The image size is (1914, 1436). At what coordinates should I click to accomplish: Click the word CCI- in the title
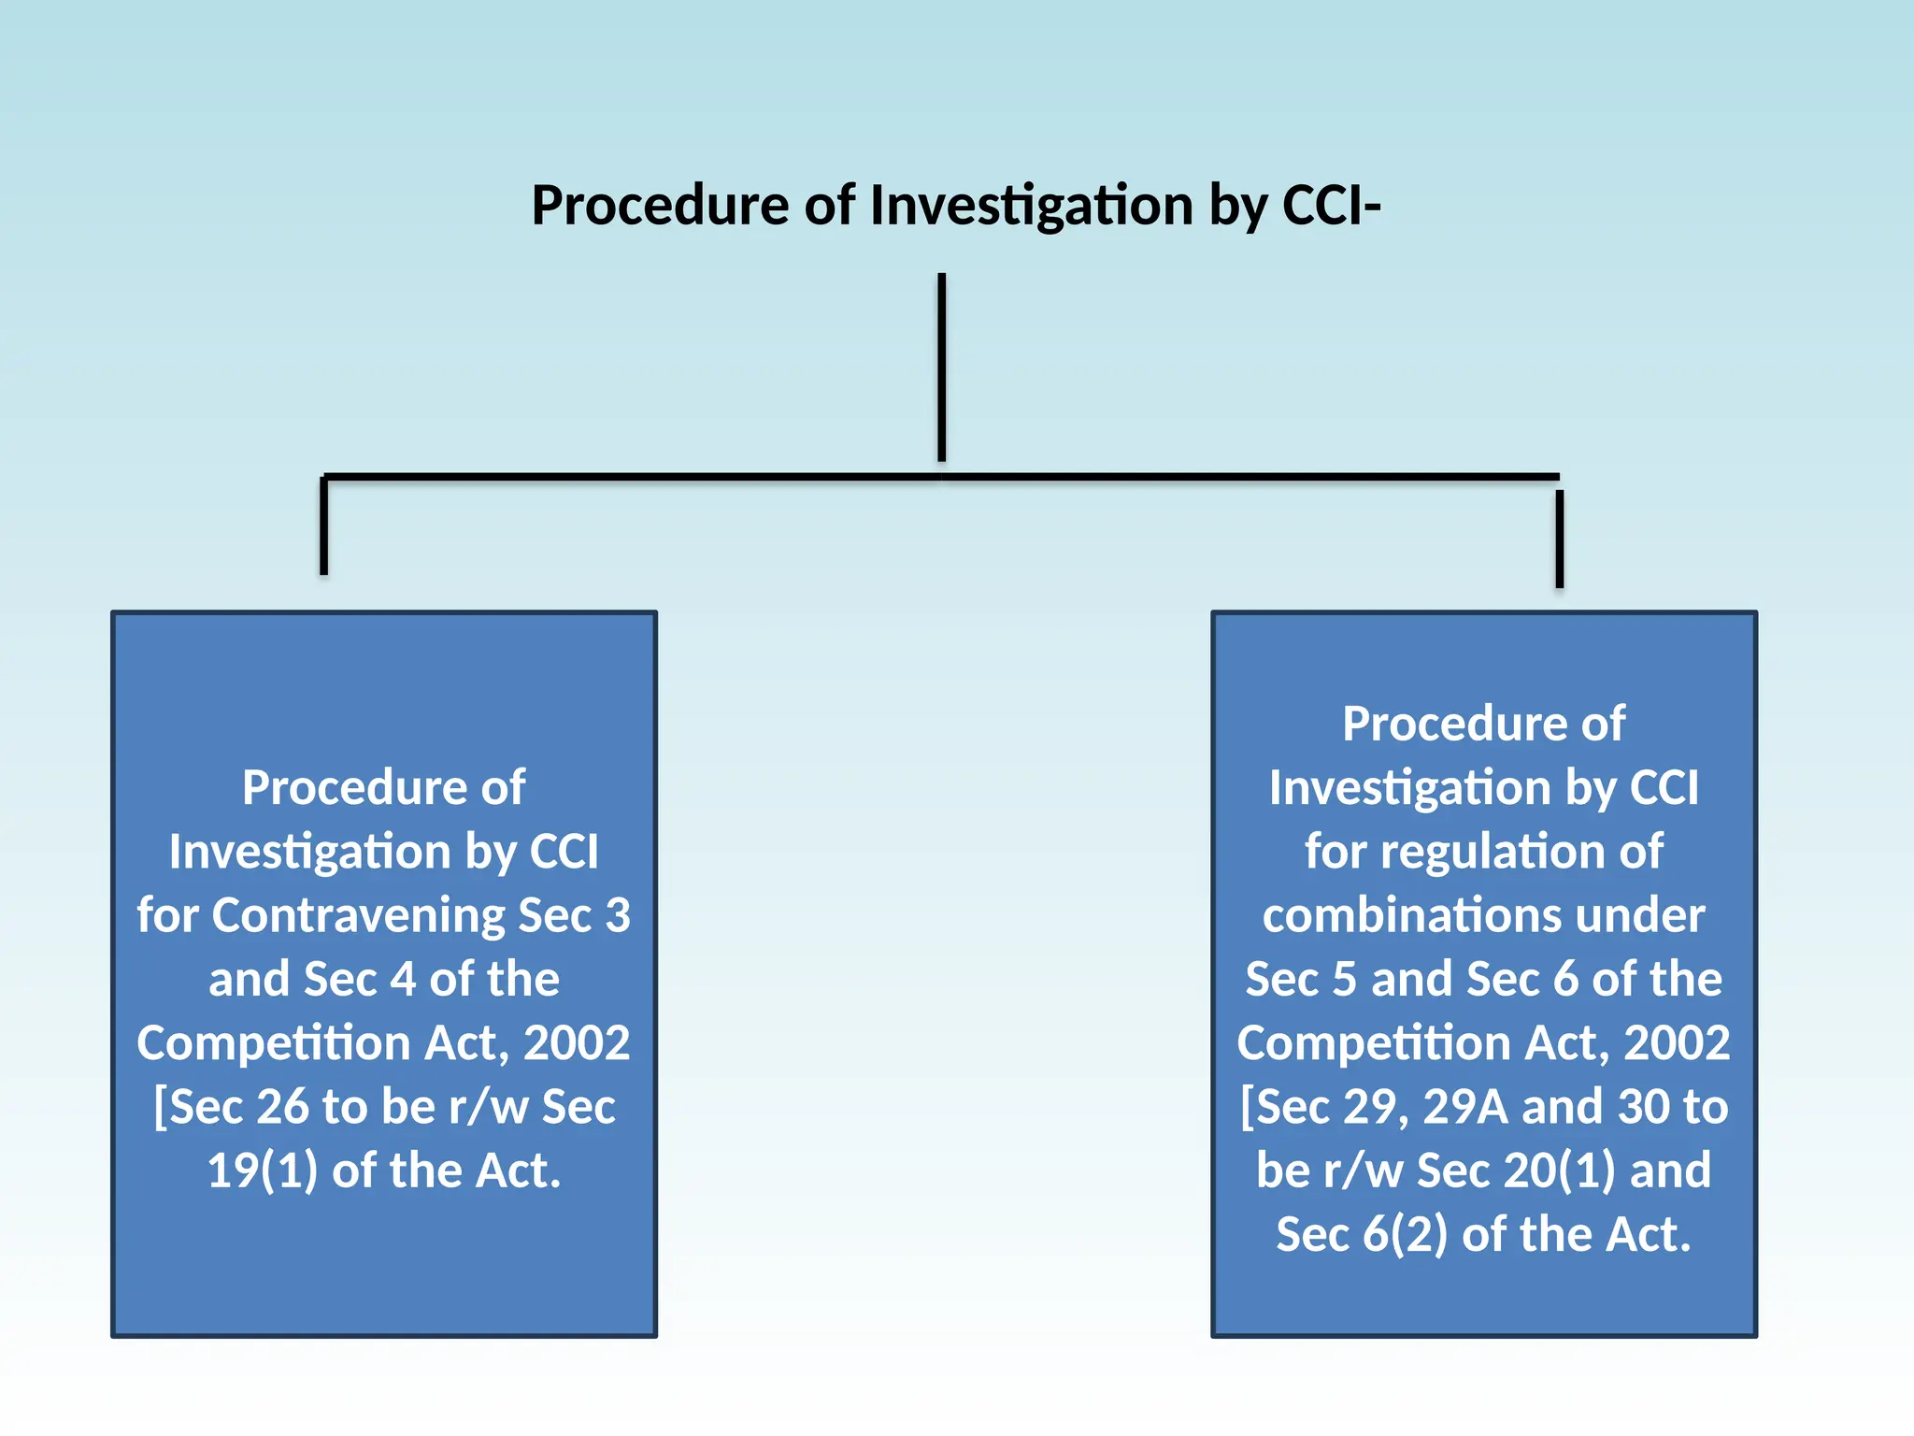[x=1331, y=206]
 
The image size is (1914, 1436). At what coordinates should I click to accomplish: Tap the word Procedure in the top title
[x=660, y=206]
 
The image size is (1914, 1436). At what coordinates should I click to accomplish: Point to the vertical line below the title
[x=942, y=366]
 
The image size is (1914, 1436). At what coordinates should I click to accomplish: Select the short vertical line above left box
[x=323, y=525]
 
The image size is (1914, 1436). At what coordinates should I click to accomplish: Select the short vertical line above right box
[x=1559, y=538]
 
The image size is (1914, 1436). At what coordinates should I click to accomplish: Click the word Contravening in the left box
[x=359, y=915]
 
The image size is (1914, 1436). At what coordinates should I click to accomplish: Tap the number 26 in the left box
[x=282, y=1107]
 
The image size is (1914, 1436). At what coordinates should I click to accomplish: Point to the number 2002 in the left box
[x=577, y=1043]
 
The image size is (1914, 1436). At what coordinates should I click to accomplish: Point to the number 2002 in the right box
[x=1677, y=1043]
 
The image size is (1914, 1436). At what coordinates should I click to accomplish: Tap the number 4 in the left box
[x=403, y=980]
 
